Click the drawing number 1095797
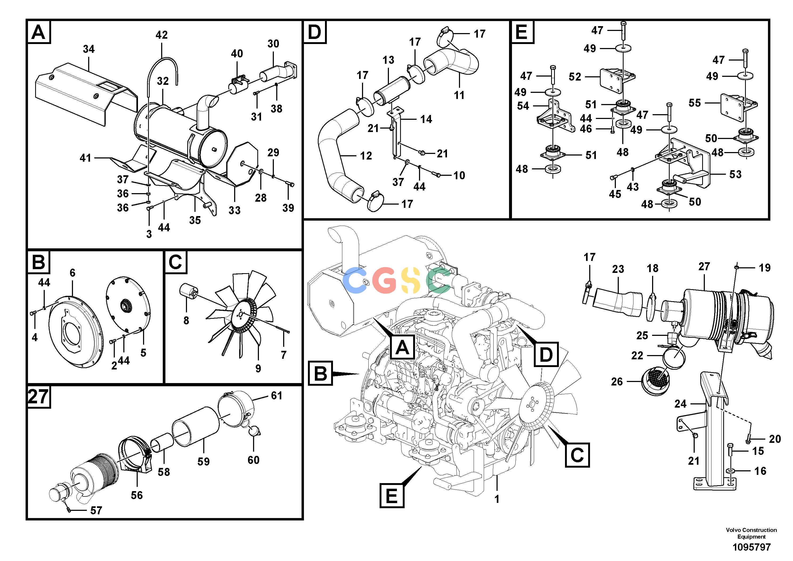point(751,547)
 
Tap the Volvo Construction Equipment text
point(751,533)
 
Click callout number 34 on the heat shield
point(89,49)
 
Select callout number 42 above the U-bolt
point(162,35)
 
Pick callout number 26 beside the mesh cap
point(617,381)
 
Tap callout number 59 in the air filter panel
point(204,461)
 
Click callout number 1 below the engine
point(497,499)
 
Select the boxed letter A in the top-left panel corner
point(38,32)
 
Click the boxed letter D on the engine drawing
point(546,354)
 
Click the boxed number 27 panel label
point(38,396)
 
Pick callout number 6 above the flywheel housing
point(72,273)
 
